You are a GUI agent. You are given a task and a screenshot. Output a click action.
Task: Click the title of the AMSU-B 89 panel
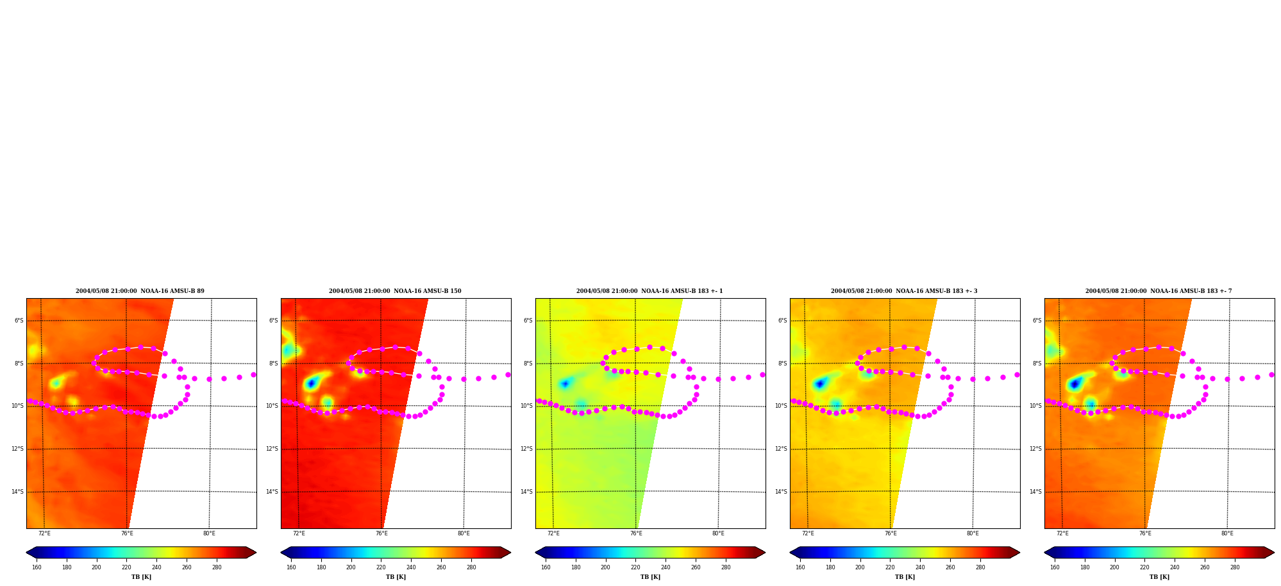click(x=140, y=291)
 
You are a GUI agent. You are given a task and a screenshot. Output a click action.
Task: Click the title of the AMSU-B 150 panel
click(x=395, y=291)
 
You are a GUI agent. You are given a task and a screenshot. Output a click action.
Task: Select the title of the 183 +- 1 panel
click(x=649, y=291)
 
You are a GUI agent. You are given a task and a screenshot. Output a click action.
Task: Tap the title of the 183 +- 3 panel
click(x=904, y=291)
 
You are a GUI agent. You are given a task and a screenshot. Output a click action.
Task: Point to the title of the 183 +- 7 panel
click(x=1159, y=291)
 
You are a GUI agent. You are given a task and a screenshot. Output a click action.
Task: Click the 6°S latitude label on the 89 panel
click(x=19, y=321)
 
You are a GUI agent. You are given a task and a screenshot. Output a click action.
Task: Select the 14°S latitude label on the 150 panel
click(x=272, y=492)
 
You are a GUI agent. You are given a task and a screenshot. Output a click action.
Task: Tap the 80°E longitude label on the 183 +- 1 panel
click(x=718, y=533)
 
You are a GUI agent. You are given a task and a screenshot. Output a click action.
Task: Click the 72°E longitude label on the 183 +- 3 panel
click(x=808, y=533)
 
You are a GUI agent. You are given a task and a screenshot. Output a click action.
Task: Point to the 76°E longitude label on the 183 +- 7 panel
click(x=1145, y=533)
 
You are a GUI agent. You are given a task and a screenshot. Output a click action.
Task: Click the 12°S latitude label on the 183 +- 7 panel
click(x=1036, y=449)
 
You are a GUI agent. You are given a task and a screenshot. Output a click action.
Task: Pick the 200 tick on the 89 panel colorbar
click(x=96, y=567)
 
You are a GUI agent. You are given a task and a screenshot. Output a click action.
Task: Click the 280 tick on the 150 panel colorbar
click(x=471, y=567)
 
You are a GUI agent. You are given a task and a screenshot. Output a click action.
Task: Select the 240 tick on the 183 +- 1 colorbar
click(x=666, y=567)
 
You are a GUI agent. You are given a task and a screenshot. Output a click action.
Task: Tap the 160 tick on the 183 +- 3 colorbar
click(x=800, y=567)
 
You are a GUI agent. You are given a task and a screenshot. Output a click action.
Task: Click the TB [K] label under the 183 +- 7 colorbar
click(x=1159, y=577)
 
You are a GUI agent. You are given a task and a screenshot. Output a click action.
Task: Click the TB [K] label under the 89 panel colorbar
click(x=141, y=577)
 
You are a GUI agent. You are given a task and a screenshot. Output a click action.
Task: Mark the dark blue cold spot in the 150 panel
click(x=311, y=383)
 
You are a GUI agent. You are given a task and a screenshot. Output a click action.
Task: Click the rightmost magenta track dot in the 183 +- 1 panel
click(x=762, y=374)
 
